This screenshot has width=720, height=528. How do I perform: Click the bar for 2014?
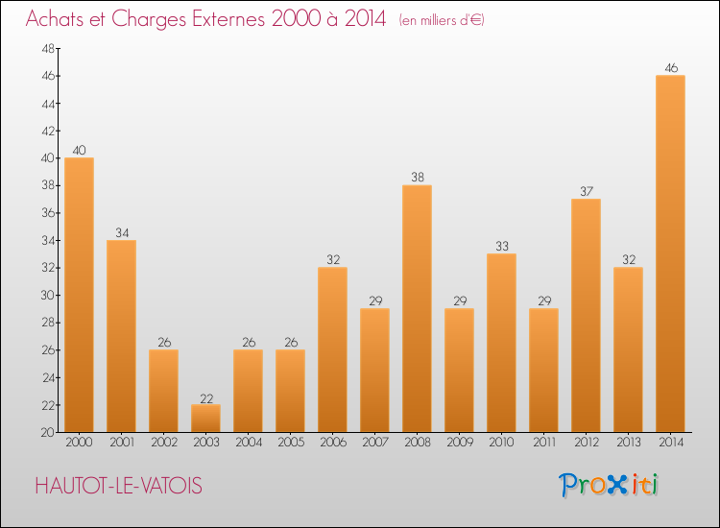pos(670,253)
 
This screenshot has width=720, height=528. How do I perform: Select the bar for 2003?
pos(205,419)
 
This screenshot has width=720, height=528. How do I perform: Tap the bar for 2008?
pos(417,308)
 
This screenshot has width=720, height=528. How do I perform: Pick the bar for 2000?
pos(79,295)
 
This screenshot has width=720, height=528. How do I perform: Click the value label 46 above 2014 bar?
pos(670,68)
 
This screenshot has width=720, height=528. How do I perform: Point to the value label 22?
pos(205,397)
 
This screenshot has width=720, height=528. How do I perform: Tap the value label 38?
pos(417,178)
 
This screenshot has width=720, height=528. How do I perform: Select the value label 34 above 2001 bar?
pos(121,232)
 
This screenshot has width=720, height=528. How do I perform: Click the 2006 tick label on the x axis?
pos(332,443)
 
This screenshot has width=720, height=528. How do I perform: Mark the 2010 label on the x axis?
pos(501,443)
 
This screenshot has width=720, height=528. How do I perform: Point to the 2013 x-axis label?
pos(628,443)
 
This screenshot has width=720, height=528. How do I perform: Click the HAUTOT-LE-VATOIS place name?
pos(118,487)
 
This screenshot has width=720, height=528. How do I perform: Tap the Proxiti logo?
pos(610,485)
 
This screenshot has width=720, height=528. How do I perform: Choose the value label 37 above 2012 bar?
pos(586,191)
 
